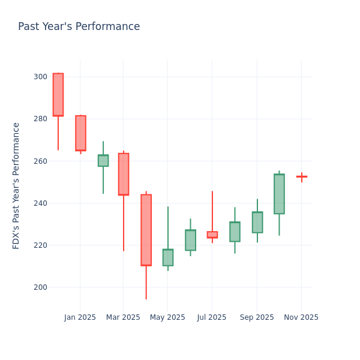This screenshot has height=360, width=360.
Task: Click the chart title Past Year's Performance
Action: click(79, 27)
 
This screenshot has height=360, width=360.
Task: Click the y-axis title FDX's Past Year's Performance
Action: click(16, 185)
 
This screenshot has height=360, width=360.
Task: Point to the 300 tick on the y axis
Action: click(40, 77)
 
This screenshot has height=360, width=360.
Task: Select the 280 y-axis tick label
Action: click(40, 119)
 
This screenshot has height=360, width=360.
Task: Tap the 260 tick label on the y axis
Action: click(40, 161)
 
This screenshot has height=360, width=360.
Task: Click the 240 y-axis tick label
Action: click(40, 203)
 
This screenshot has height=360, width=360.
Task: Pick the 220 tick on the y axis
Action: click(40, 245)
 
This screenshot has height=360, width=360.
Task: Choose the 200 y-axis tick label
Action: click(40, 287)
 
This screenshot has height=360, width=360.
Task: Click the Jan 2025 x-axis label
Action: click(80, 317)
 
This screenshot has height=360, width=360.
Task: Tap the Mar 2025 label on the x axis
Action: click(123, 317)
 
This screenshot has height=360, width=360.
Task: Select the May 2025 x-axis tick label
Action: click(167, 317)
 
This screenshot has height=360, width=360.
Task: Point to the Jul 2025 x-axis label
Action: click(212, 317)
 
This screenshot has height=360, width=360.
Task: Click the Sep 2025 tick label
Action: click(257, 317)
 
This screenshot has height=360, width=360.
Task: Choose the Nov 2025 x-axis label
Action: click(301, 317)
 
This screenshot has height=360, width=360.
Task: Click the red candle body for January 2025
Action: click(80, 133)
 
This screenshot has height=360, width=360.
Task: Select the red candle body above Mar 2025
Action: click(123, 174)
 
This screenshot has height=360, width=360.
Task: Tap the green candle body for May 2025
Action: click(168, 257)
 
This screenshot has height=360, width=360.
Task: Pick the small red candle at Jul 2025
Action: click(212, 235)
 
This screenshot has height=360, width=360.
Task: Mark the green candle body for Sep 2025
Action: click(257, 222)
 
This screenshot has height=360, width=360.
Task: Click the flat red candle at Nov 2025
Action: click(301, 176)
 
